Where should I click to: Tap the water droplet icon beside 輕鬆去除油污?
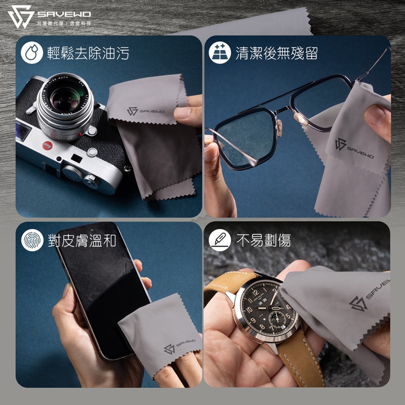31,53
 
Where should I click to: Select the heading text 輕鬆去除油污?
88,53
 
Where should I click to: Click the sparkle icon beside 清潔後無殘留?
220,53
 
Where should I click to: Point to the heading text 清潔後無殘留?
276,53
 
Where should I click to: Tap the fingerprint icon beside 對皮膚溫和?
31,240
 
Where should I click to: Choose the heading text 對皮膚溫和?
82,240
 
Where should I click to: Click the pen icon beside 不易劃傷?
220,240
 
